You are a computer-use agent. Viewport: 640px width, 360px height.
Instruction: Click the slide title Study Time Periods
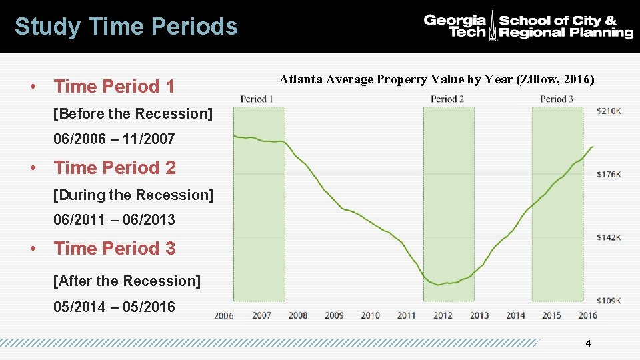click(x=126, y=27)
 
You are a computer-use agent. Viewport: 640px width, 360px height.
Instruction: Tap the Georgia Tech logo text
click(x=455, y=26)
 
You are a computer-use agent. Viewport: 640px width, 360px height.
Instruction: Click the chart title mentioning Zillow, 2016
click(x=437, y=79)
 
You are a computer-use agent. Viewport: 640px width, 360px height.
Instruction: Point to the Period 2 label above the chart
click(x=447, y=99)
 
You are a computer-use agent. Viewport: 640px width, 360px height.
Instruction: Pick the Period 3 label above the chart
click(x=557, y=99)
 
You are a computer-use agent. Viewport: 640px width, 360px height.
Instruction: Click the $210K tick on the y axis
click(x=610, y=111)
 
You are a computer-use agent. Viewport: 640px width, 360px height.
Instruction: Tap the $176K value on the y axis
click(x=610, y=175)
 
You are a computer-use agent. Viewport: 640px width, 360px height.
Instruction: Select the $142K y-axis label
click(x=610, y=237)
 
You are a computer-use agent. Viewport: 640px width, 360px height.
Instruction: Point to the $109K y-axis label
click(x=610, y=301)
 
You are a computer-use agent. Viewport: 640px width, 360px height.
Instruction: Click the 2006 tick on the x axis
click(x=224, y=315)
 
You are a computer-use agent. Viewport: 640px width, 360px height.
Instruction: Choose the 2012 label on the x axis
click(x=443, y=315)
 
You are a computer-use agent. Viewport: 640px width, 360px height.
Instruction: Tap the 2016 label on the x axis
click(x=587, y=315)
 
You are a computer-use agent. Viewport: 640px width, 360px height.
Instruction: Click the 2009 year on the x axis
click(x=333, y=315)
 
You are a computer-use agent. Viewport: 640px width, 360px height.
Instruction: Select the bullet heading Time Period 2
click(x=115, y=167)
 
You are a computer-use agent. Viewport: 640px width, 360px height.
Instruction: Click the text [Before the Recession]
click(x=133, y=114)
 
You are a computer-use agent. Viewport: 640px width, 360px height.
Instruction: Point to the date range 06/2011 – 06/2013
click(x=114, y=219)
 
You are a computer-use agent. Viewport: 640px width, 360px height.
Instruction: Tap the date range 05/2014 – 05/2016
click(x=114, y=307)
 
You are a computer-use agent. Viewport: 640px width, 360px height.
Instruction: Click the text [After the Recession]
click(x=127, y=281)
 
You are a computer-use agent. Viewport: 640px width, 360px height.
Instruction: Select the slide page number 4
click(x=587, y=343)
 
